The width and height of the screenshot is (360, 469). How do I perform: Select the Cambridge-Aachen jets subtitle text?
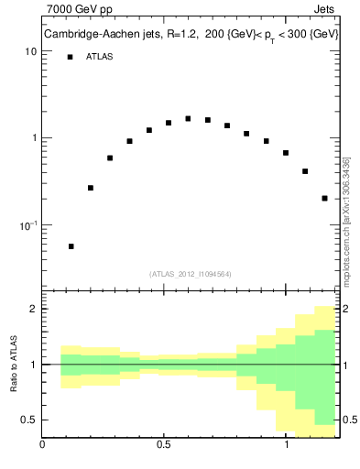point(190,35)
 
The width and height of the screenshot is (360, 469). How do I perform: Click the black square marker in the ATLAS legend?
point(70,57)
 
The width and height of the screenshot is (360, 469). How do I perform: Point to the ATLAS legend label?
point(101,57)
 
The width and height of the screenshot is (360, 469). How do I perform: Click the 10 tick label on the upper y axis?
point(30,52)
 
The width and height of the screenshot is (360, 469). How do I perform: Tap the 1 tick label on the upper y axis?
point(33,138)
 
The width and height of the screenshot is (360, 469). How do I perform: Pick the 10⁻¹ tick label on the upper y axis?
point(27,224)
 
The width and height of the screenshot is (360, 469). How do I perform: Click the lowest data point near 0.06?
point(71,246)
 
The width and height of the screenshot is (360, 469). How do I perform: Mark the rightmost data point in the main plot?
point(325,198)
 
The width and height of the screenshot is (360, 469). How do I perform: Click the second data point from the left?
point(91,188)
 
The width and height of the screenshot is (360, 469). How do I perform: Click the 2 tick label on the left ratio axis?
point(33,309)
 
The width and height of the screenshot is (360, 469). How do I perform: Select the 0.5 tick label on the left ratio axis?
point(29,420)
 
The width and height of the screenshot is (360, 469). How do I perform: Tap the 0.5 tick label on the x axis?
point(164,447)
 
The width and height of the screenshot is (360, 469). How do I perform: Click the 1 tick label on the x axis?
point(287,447)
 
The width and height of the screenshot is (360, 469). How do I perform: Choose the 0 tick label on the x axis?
point(42,447)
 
